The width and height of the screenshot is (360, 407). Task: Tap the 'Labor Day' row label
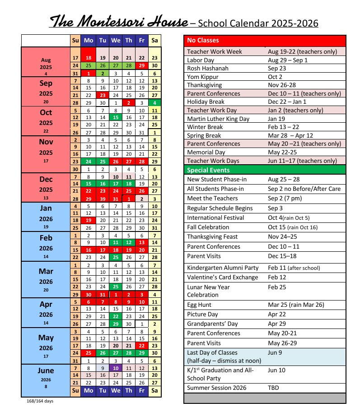point(201,60)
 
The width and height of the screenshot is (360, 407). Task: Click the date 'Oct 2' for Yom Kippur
point(276,77)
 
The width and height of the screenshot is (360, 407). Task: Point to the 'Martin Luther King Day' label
point(218,119)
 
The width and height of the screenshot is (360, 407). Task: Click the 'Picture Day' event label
point(202,314)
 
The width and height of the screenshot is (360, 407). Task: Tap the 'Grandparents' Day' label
point(212,324)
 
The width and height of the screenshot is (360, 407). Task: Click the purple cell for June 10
point(116,368)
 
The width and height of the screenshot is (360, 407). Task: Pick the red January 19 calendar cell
point(89,220)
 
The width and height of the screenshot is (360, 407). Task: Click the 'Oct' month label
point(46,113)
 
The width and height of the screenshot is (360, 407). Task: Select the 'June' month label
point(46,370)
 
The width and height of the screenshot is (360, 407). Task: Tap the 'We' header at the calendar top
point(116,41)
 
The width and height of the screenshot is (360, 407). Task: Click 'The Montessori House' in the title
point(119,21)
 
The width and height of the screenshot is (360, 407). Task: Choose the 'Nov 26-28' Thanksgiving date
point(282,85)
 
